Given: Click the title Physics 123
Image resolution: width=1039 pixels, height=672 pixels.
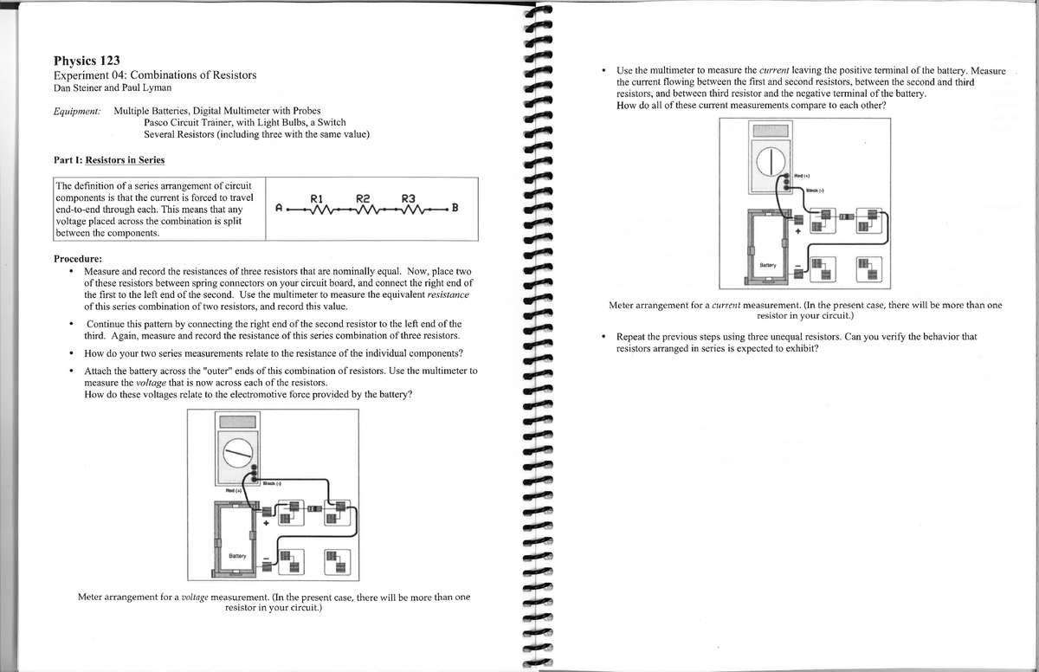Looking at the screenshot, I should tap(87, 61).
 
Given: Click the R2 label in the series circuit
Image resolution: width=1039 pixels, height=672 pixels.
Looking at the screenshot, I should tap(365, 197).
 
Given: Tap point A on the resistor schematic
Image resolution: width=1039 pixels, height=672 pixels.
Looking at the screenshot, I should tap(278, 209).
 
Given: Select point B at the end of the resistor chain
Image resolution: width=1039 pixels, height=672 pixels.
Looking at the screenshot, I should tap(455, 209).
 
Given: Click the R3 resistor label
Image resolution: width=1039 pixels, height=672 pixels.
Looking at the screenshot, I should tap(410, 197).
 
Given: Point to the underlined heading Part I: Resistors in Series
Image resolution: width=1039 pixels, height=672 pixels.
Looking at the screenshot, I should tap(109, 160).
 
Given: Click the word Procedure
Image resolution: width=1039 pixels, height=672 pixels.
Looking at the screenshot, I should tap(78, 259).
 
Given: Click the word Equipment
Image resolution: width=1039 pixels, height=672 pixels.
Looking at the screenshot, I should tap(77, 112).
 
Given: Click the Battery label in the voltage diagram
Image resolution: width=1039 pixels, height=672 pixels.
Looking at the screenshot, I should tap(237, 555).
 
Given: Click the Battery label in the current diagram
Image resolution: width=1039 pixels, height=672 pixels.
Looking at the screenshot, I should tap(768, 263).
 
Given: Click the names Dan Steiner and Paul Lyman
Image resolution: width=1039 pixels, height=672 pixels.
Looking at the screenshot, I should tap(113, 88).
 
